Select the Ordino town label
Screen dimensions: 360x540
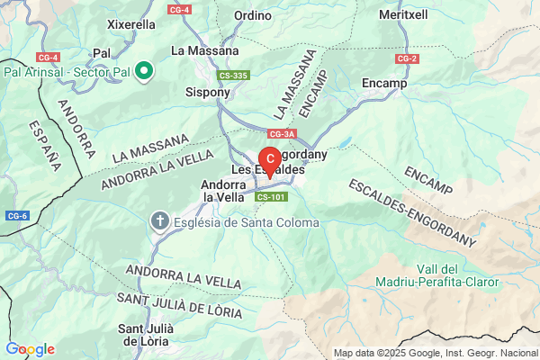252,15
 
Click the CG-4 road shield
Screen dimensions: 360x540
179,9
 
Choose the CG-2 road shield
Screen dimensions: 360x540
407,58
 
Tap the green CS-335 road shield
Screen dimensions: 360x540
234,76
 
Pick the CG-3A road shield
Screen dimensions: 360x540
282,134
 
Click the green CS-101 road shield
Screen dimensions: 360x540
271,196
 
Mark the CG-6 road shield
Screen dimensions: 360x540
17,216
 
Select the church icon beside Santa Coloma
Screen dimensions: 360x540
160,221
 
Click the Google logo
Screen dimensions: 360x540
30,349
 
